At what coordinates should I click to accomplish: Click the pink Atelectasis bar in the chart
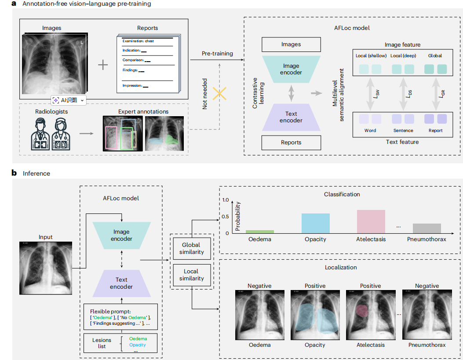point(371,221)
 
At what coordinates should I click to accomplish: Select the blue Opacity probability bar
point(315,223)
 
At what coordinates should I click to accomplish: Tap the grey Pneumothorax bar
point(427,228)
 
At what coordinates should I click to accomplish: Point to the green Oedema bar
point(259,231)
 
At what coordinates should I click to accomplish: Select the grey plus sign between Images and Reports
point(102,65)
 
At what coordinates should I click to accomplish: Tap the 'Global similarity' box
point(191,249)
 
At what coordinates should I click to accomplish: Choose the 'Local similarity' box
point(191,275)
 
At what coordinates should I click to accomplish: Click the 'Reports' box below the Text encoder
point(291,142)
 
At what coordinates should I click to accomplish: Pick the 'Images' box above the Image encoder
point(291,44)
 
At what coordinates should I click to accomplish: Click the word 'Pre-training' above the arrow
point(217,54)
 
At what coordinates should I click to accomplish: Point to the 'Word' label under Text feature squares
point(370,130)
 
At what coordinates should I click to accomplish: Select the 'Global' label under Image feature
point(435,56)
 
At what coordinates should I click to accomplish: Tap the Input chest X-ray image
point(45,268)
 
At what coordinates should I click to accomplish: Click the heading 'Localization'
point(340,267)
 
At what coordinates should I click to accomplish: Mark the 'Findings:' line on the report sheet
point(131,70)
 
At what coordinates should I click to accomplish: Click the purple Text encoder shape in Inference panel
point(121,283)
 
